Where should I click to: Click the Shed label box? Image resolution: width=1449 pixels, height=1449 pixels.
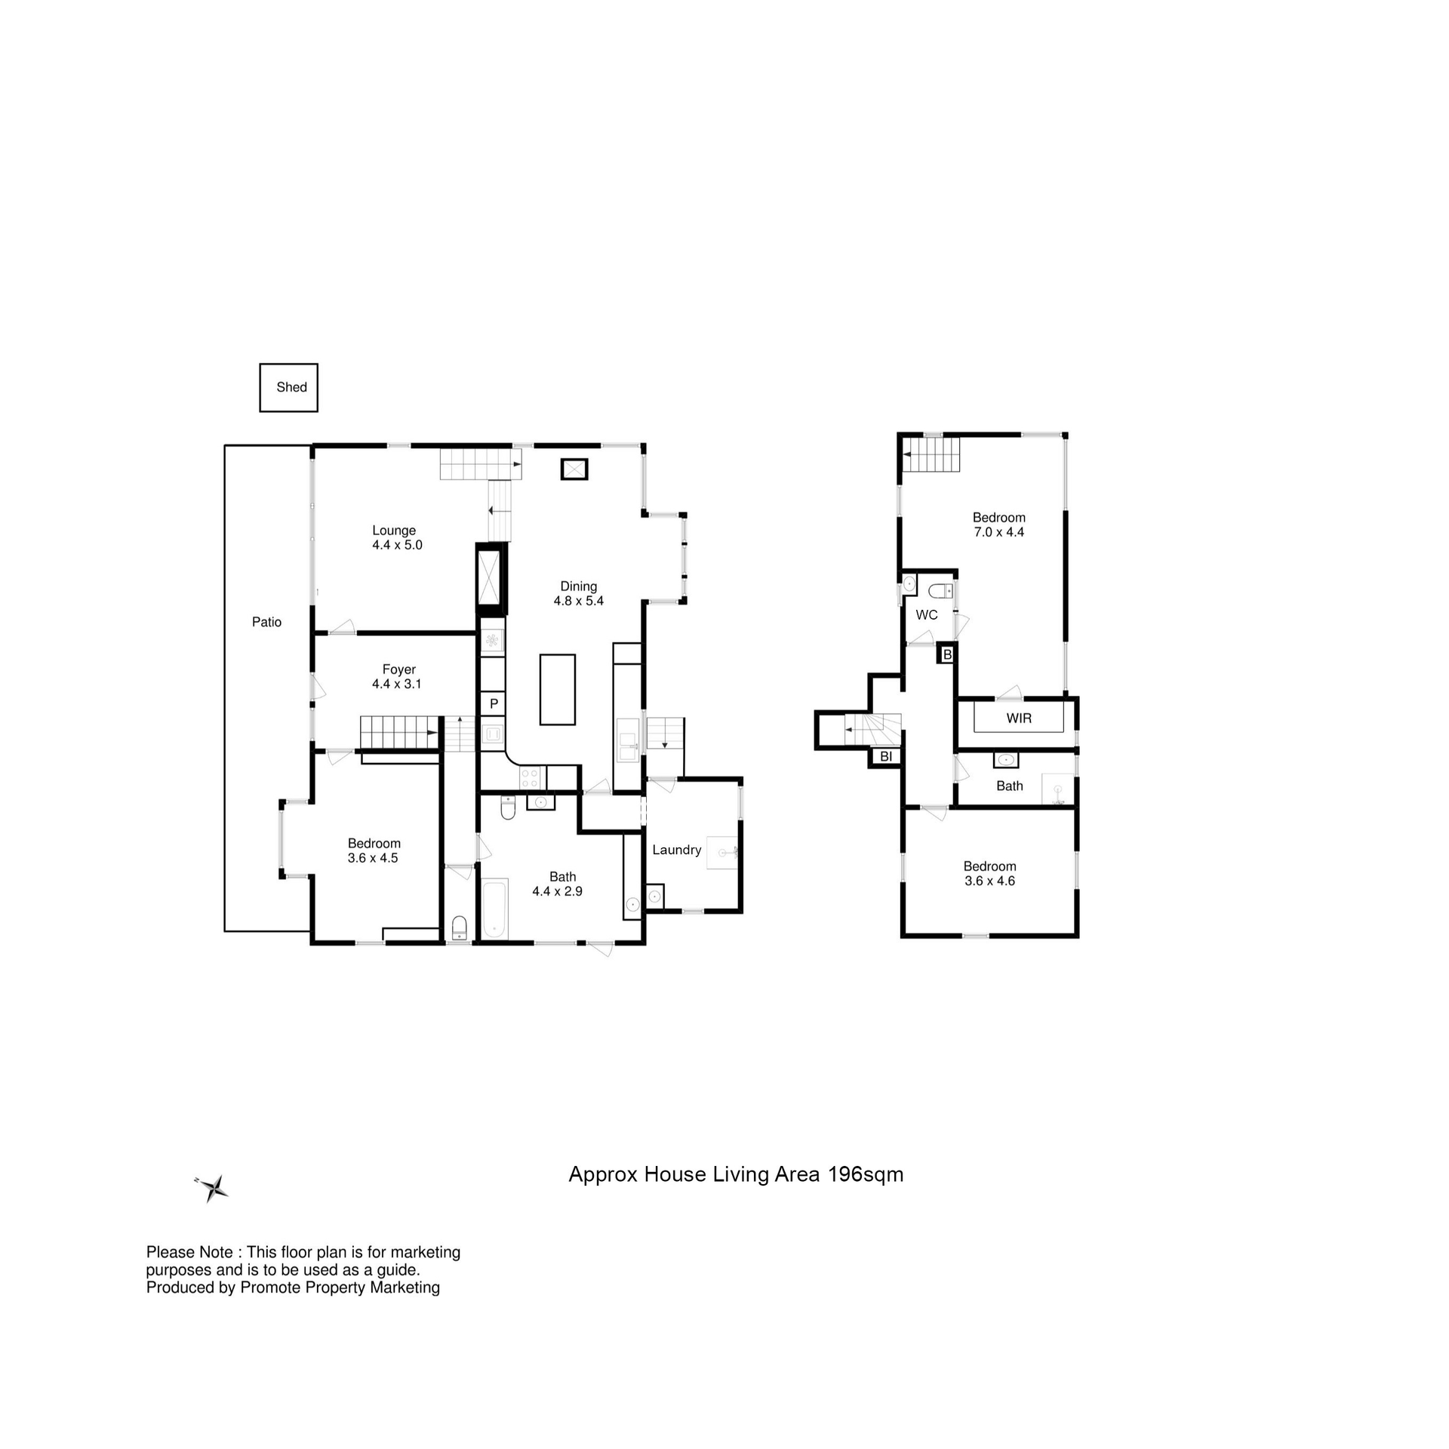tap(289, 388)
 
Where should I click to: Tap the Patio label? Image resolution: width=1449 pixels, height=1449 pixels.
tap(266, 622)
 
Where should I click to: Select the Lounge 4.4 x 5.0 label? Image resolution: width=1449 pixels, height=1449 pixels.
tap(396, 537)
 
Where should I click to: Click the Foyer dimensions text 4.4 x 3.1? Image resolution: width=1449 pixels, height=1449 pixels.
tap(396, 684)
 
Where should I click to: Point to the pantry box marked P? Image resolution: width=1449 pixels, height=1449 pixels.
tap(494, 703)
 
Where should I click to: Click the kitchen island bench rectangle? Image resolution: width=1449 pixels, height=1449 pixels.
tap(557, 689)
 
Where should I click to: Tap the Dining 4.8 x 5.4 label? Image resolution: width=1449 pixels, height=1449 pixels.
tap(578, 593)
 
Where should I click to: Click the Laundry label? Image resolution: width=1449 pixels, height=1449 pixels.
tap(676, 850)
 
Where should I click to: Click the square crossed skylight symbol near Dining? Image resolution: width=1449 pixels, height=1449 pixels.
tap(574, 469)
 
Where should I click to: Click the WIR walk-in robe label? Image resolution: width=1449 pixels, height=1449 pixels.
tap(1018, 718)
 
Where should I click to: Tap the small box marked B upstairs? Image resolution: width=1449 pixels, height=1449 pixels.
tap(947, 654)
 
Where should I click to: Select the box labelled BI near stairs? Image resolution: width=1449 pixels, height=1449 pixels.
tap(886, 756)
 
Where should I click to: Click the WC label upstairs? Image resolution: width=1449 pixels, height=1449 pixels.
tap(926, 615)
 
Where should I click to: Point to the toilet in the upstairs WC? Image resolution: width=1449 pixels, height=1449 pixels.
tap(941, 590)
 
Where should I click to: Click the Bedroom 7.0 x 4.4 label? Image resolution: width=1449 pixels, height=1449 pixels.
tap(998, 525)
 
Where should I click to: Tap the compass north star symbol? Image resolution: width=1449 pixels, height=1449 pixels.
tap(214, 1188)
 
